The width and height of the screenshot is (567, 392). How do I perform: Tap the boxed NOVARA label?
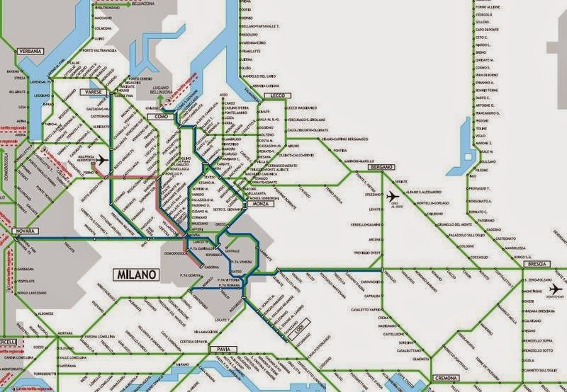coord(25,232)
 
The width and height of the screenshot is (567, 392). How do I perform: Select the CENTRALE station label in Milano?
coord(232,251)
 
